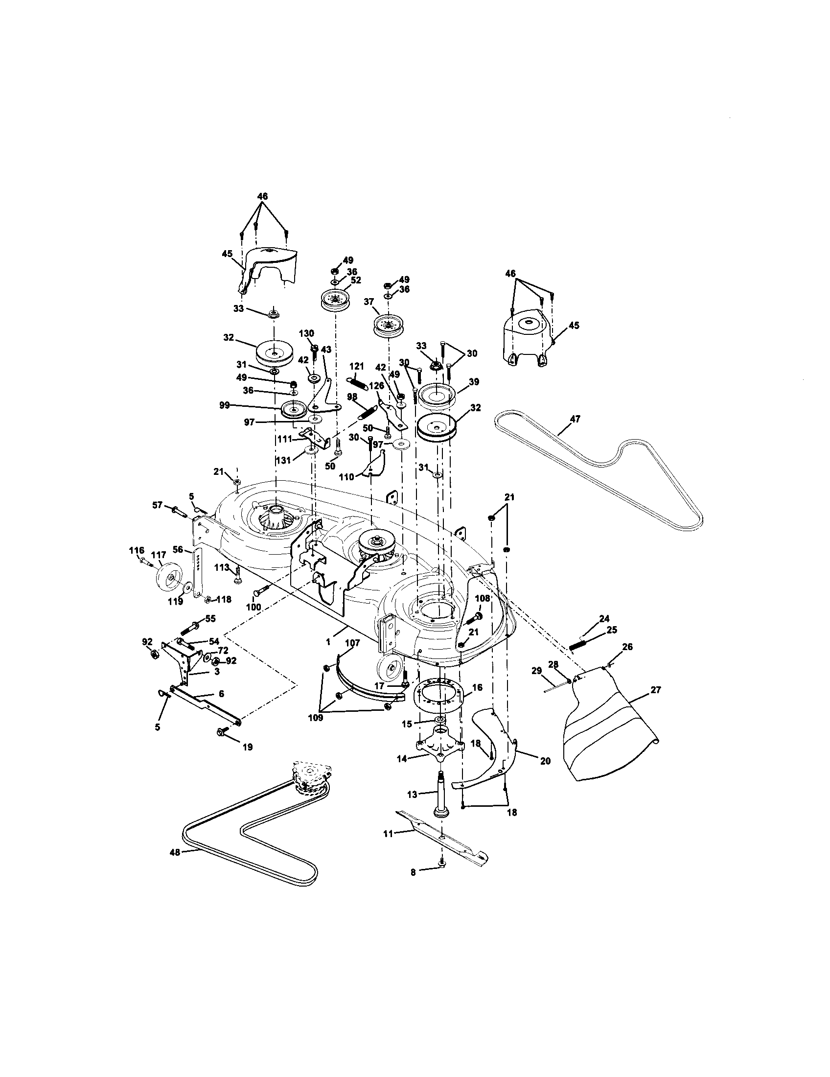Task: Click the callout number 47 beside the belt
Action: pos(575,419)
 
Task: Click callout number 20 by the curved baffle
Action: pos(545,761)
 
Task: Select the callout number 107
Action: pos(353,643)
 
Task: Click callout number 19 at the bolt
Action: pos(248,747)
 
